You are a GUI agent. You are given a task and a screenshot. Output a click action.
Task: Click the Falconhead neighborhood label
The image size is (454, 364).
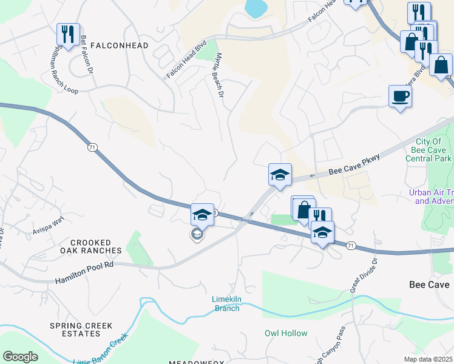point(115,45)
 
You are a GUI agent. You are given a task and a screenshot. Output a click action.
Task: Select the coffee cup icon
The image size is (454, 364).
point(400,95)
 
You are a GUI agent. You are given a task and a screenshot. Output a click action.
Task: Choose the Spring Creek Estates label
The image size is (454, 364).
point(81,329)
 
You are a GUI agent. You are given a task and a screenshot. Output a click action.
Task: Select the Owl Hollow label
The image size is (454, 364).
point(286,333)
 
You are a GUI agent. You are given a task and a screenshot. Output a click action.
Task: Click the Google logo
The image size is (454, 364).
point(20,357)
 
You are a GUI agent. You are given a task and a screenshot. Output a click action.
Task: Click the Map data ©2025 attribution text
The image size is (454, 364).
point(428,359)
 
